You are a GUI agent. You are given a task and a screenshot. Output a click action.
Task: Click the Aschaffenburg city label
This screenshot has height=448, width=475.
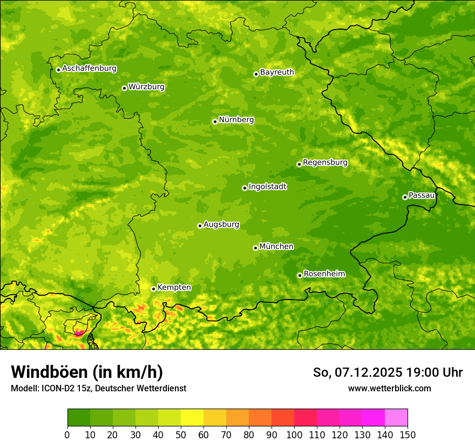tap(89, 69)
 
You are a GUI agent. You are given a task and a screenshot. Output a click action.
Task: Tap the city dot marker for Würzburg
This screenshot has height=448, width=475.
tap(124, 88)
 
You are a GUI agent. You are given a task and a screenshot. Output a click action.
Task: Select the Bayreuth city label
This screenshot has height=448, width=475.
tap(277, 72)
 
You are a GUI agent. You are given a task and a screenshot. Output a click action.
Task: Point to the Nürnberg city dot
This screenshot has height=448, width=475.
tap(215, 121)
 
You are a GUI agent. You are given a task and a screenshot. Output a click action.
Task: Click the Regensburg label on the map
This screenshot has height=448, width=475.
tap(325, 162)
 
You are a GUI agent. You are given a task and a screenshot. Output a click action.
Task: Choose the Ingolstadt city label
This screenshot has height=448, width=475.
tap(267, 187)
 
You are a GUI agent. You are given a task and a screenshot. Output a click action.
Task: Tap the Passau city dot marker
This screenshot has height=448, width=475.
tap(405, 197)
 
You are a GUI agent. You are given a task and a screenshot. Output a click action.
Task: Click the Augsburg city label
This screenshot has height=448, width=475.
tap(221, 225)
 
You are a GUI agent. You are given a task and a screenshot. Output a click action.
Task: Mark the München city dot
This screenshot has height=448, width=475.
tap(255, 248)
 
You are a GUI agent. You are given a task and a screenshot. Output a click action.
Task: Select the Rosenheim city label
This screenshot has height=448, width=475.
tap(324, 274)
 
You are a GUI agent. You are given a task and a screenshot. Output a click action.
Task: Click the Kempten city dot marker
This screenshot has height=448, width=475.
tap(153, 289)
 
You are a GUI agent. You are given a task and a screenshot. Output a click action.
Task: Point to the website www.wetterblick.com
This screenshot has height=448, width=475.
tap(389, 388)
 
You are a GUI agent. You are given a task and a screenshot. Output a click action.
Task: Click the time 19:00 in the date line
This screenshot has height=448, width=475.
tap(426, 372)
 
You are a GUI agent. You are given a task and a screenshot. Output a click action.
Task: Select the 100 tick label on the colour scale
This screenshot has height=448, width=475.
tap(294, 435)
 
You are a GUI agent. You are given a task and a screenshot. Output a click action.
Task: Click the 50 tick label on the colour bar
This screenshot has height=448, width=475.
tap(181, 435)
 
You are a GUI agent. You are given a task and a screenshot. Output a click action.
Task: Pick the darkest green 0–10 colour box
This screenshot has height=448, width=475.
tap(79, 417)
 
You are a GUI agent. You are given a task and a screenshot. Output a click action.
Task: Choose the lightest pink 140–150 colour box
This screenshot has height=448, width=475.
tap(396, 417)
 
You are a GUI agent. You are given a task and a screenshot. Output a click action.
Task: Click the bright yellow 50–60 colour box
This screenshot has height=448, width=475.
tap(192, 417)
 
